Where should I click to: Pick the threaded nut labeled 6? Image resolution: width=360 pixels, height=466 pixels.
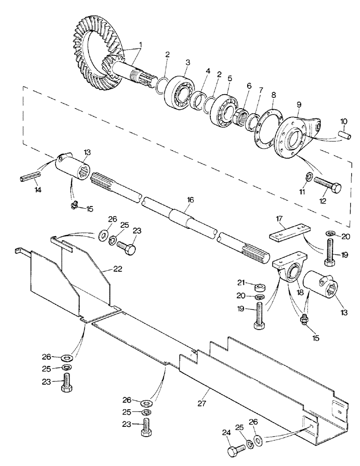coord(242,112)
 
